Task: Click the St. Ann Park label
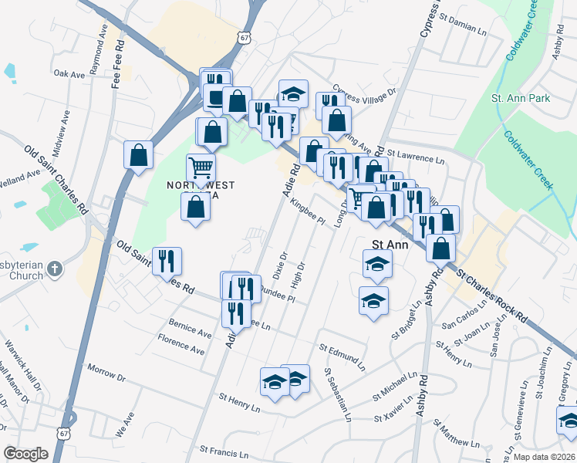(x=521, y=99)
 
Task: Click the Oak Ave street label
(x=69, y=74)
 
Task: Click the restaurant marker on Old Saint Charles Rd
(x=167, y=261)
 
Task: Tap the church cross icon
(x=54, y=269)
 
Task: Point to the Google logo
(x=25, y=454)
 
